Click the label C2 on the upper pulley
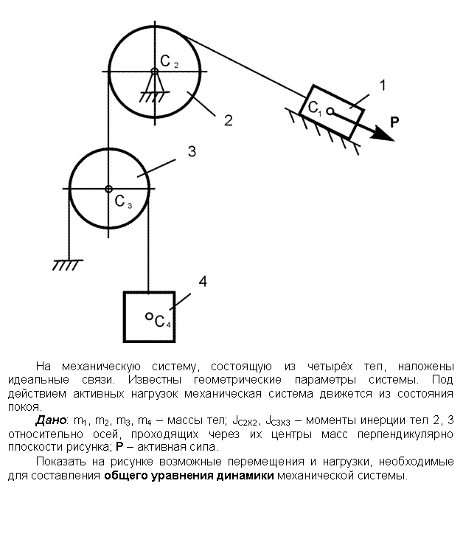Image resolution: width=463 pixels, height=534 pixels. [169, 62]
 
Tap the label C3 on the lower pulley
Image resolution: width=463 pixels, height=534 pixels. [123, 201]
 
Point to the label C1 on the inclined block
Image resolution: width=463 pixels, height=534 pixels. [314, 108]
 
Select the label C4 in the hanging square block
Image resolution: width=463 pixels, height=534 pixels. [163, 321]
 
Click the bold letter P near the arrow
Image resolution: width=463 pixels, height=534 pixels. [394, 122]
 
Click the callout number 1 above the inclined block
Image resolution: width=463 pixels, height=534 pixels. [383, 85]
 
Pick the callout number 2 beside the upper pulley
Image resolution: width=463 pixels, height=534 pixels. [228, 120]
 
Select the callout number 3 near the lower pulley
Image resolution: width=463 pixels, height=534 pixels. [192, 151]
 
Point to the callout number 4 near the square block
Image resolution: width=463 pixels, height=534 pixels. [203, 282]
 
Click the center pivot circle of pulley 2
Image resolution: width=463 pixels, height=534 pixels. [155, 72]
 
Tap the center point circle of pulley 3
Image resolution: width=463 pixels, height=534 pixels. [108, 189]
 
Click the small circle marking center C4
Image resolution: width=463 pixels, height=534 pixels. [149, 316]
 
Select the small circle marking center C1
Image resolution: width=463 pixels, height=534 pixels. [330, 111]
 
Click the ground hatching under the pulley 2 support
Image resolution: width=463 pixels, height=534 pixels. [152, 97]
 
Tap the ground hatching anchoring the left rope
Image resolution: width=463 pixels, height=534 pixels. [67, 265]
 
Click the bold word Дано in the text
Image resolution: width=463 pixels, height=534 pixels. [50, 420]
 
